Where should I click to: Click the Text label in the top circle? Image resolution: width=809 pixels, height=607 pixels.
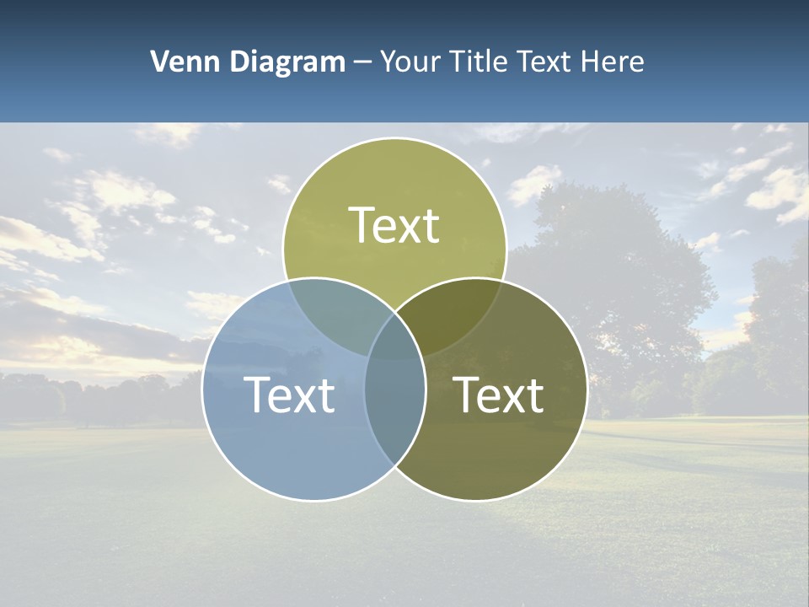click(x=394, y=225)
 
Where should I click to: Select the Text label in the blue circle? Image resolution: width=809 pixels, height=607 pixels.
click(x=289, y=394)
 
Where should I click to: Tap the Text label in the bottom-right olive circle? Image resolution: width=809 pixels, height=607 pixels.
click(x=499, y=394)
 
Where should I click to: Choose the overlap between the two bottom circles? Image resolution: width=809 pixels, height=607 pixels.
click(x=394, y=413)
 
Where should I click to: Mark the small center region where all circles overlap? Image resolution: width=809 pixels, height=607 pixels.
click(x=394, y=341)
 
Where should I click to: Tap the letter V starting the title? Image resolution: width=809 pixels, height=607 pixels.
click(x=158, y=62)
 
